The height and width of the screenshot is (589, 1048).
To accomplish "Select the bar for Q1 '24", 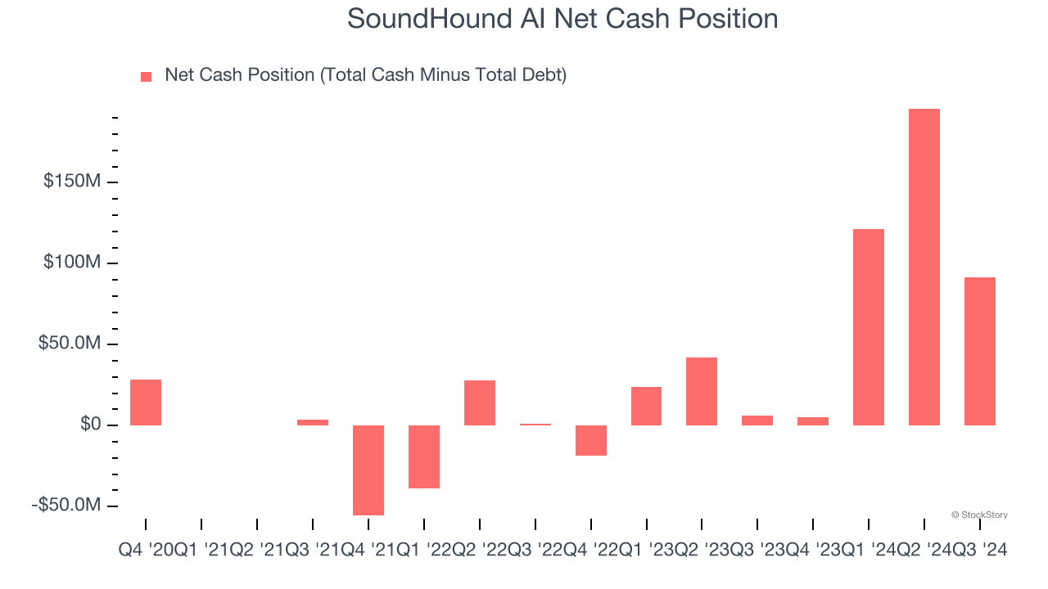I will (869, 327).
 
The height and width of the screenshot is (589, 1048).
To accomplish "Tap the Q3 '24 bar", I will (980, 351).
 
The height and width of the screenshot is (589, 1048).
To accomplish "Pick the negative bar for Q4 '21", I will (368, 470).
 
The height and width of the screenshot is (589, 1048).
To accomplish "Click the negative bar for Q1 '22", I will (424, 456).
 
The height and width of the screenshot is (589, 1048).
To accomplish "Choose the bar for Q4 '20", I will (146, 402).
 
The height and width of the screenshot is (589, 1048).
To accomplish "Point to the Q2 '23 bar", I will (702, 391).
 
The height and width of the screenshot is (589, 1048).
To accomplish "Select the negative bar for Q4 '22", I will (591, 440).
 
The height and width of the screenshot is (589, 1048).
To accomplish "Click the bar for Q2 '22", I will (480, 402).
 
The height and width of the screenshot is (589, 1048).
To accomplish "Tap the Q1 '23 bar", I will (646, 406).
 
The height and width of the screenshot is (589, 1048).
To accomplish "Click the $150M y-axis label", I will (72, 181).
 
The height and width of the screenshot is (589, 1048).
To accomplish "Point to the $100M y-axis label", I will (72, 263).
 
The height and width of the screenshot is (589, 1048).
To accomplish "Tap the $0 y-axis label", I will (90, 425).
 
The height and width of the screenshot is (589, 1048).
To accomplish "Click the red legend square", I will (147, 76).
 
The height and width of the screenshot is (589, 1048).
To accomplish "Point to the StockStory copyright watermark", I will (979, 515).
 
